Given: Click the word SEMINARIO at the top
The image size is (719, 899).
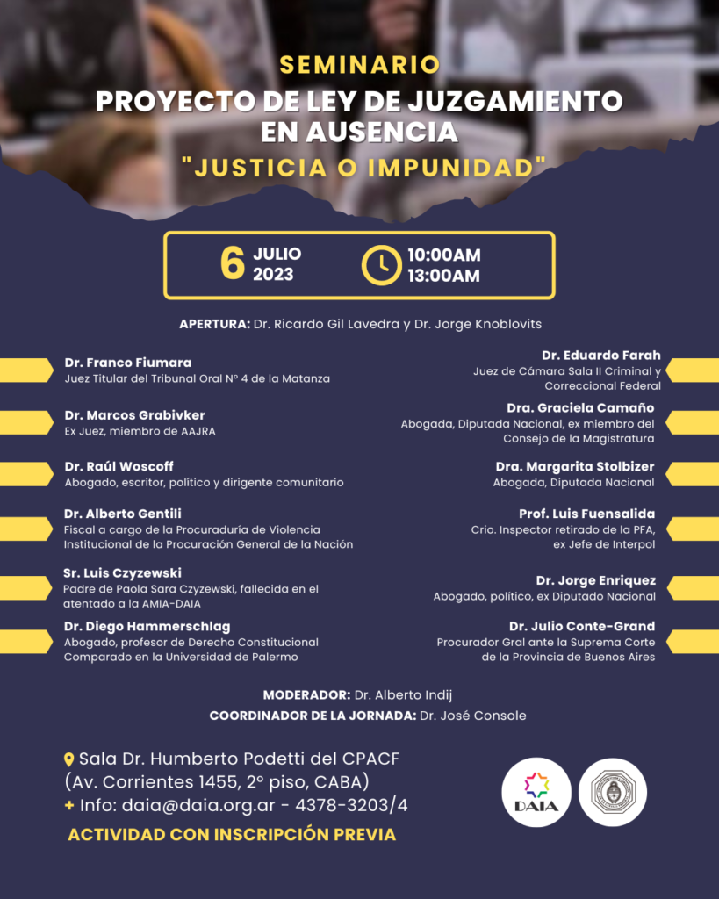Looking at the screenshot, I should click(x=359, y=65).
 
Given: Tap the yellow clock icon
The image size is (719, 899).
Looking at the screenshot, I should click(x=382, y=265).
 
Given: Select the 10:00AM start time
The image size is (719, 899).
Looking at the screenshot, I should click(x=443, y=255).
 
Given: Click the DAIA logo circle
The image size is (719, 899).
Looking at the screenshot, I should click(x=536, y=793).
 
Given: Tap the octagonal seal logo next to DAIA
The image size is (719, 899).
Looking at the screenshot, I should click(x=613, y=793).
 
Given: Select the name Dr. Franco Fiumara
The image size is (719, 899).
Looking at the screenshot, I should click(x=127, y=363).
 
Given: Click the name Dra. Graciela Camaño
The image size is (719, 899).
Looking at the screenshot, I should click(x=580, y=407).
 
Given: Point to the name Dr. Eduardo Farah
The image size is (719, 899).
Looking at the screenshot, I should click(x=601, y=356).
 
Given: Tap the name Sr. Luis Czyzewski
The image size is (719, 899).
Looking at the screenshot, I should click(x=122, y=572).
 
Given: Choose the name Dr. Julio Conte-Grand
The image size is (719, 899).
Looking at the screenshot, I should click(x=582, y=626).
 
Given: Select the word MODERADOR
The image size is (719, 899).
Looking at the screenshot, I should click(x=306, y=694).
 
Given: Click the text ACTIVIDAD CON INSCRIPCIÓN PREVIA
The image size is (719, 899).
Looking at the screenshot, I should click(x=232, y=834).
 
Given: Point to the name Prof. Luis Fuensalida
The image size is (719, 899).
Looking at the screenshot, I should click(x=586, y=514).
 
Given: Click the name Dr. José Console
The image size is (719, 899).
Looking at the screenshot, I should click(x=472, y=716).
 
